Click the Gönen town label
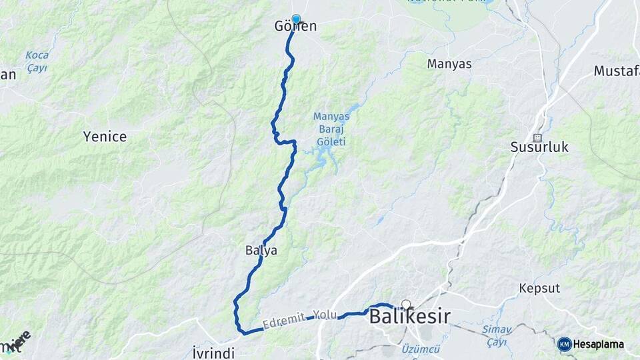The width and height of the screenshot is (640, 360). point(295,27)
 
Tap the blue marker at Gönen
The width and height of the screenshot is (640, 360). point(296,19)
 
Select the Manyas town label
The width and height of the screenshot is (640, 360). point(449,64)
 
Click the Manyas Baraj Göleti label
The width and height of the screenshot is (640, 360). point(331,129)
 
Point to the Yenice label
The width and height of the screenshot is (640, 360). point(105,137)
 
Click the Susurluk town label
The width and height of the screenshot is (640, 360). point(539,147)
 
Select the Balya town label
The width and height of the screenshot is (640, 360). point(261,251)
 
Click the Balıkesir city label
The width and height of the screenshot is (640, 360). point(409,317)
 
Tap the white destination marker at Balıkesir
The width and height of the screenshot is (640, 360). point(405,305)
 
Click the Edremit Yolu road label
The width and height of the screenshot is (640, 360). point(300,319)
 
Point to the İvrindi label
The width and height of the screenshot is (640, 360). point(213,353)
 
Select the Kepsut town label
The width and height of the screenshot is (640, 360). point(539,289)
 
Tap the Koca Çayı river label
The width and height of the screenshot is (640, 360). point(37,61)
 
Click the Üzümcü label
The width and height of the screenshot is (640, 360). point(421,349)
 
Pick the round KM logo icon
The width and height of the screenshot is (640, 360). point(564,344)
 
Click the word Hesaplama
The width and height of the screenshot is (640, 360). point(599,344)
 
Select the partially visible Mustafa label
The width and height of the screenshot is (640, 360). point(616,71)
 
